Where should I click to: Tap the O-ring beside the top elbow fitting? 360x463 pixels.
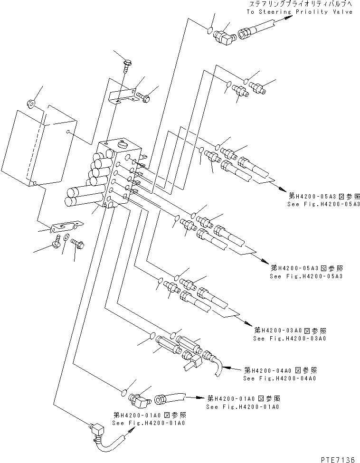tap(208, 32)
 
